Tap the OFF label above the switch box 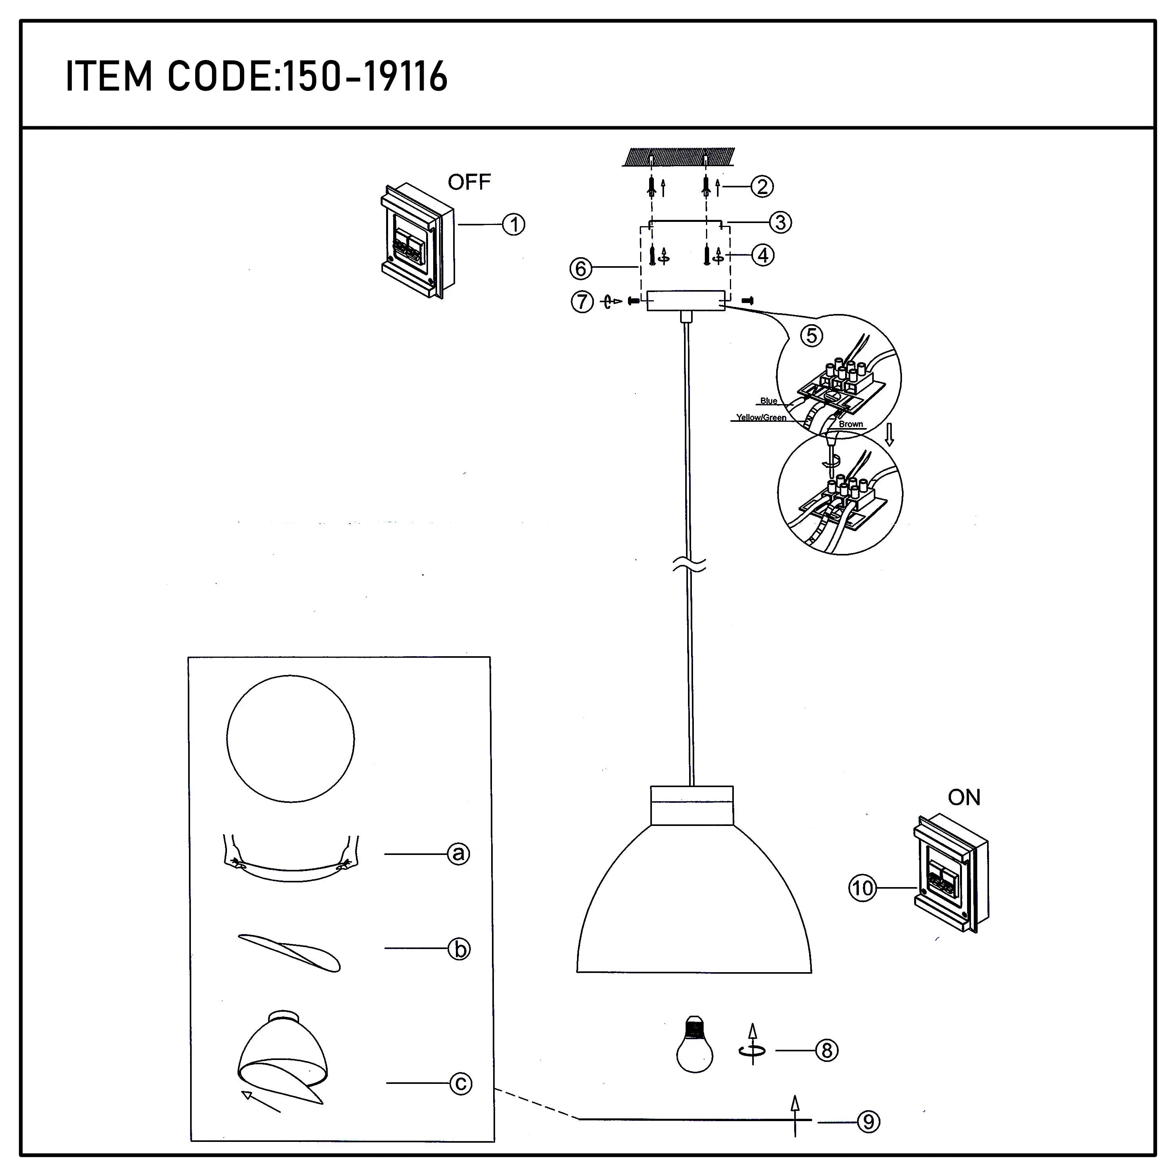tap(469, 182)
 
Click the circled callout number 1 tap(514, 225)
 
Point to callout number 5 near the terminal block tap(811, 336)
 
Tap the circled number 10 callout tap(862, 889)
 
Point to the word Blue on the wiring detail tap(768, 401)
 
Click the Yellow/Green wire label tap(761, 417)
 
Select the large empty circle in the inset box tap(290, 739)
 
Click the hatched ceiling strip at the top tap(679, 157)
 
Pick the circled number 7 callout tap(582, 301)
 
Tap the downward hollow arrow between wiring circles tap(889, 435)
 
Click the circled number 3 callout tap(780, 222)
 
